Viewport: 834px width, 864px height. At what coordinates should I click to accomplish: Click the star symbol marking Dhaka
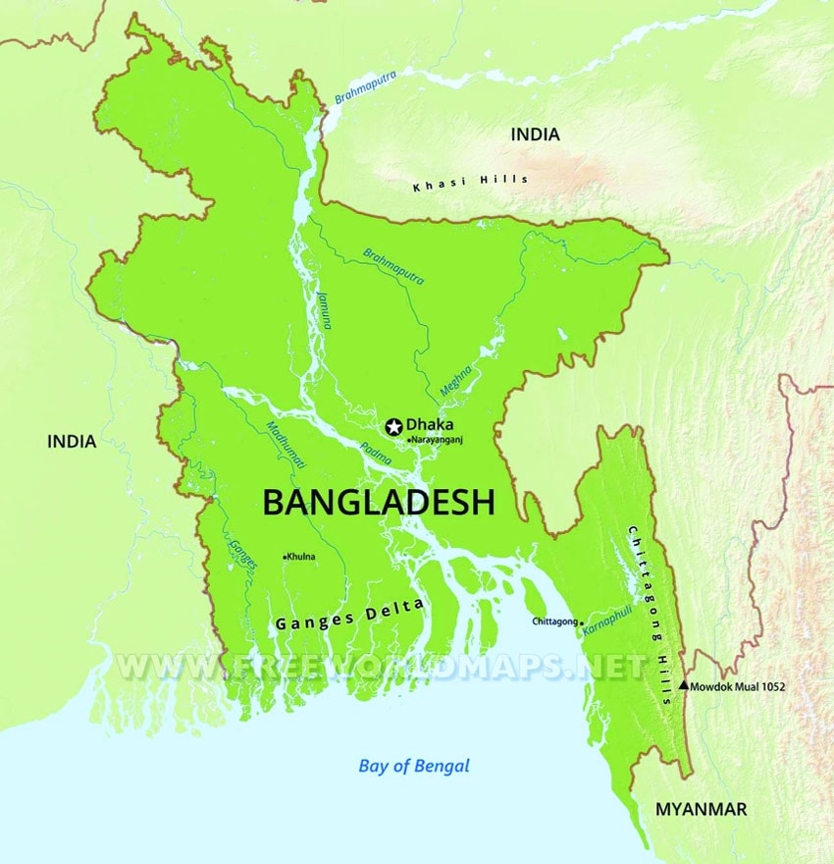(x=393, y=425)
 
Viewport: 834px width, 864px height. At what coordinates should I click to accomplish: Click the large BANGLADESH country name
(x=378, y=503)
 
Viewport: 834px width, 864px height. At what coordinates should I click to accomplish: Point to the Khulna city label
(x=301, y=557)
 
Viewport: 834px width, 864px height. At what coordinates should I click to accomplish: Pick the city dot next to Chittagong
(x=582, y=622)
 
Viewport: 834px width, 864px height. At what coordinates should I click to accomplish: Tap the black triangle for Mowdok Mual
(x=684, y=686)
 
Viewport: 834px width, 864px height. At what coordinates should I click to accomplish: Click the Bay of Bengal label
(x=414, y=766)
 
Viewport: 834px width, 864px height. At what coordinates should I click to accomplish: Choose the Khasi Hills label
(x=470, y=182)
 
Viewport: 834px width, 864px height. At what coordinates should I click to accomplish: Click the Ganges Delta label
(x=349, y=615)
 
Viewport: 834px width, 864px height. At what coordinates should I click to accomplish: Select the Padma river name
(x=376, y=451)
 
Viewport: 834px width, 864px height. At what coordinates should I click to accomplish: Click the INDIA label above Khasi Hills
(x=535, y=135)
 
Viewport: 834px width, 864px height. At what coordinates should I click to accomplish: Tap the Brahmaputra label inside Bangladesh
(x=393, y=266)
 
